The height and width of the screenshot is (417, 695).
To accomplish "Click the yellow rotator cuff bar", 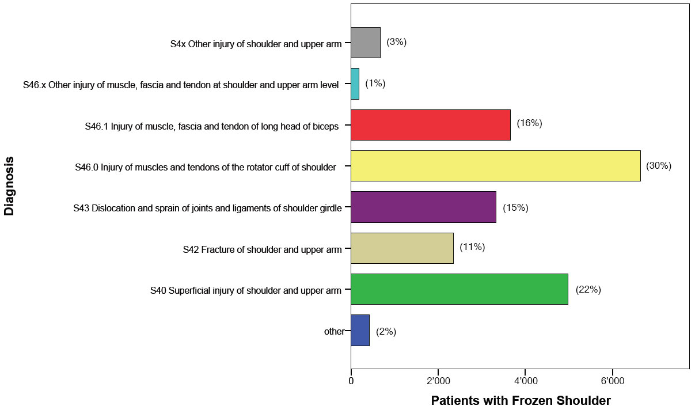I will click(x=495, y=166).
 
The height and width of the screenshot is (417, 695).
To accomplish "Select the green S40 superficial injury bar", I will click(x=459, y=289).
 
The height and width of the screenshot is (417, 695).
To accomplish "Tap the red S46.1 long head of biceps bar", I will click(x=430, y=124).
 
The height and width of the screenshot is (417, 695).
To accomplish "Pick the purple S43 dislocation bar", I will click(x=423, y=207).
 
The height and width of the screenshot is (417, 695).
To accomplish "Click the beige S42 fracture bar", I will click(x=402, y=248).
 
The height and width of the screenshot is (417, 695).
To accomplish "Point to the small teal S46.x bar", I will click(x=355, y=84).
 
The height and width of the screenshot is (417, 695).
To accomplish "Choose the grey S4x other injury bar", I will click(x=366, y=43).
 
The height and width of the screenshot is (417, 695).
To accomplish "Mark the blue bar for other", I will click(x=360, y=331).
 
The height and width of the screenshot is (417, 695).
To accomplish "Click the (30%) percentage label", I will click(x=659, y=166).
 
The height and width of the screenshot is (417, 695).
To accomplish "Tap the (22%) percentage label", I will click(x=588, y=290).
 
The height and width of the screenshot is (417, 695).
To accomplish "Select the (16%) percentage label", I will click(x=529, y=123).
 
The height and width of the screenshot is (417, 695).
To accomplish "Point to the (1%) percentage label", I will click(x=375, y=84).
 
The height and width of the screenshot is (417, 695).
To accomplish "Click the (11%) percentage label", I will click(x=472, y=247).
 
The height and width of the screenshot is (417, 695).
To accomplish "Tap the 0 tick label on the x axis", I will click(x=351, y=381).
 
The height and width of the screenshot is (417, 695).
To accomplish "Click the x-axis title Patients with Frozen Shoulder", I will click(x=521, y=401).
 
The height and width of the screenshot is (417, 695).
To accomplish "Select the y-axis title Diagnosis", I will click(x=9, y=185).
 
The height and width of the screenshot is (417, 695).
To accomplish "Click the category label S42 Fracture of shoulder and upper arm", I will click(x=262, y=249).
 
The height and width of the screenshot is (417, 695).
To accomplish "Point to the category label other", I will click(x=334, y=332).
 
